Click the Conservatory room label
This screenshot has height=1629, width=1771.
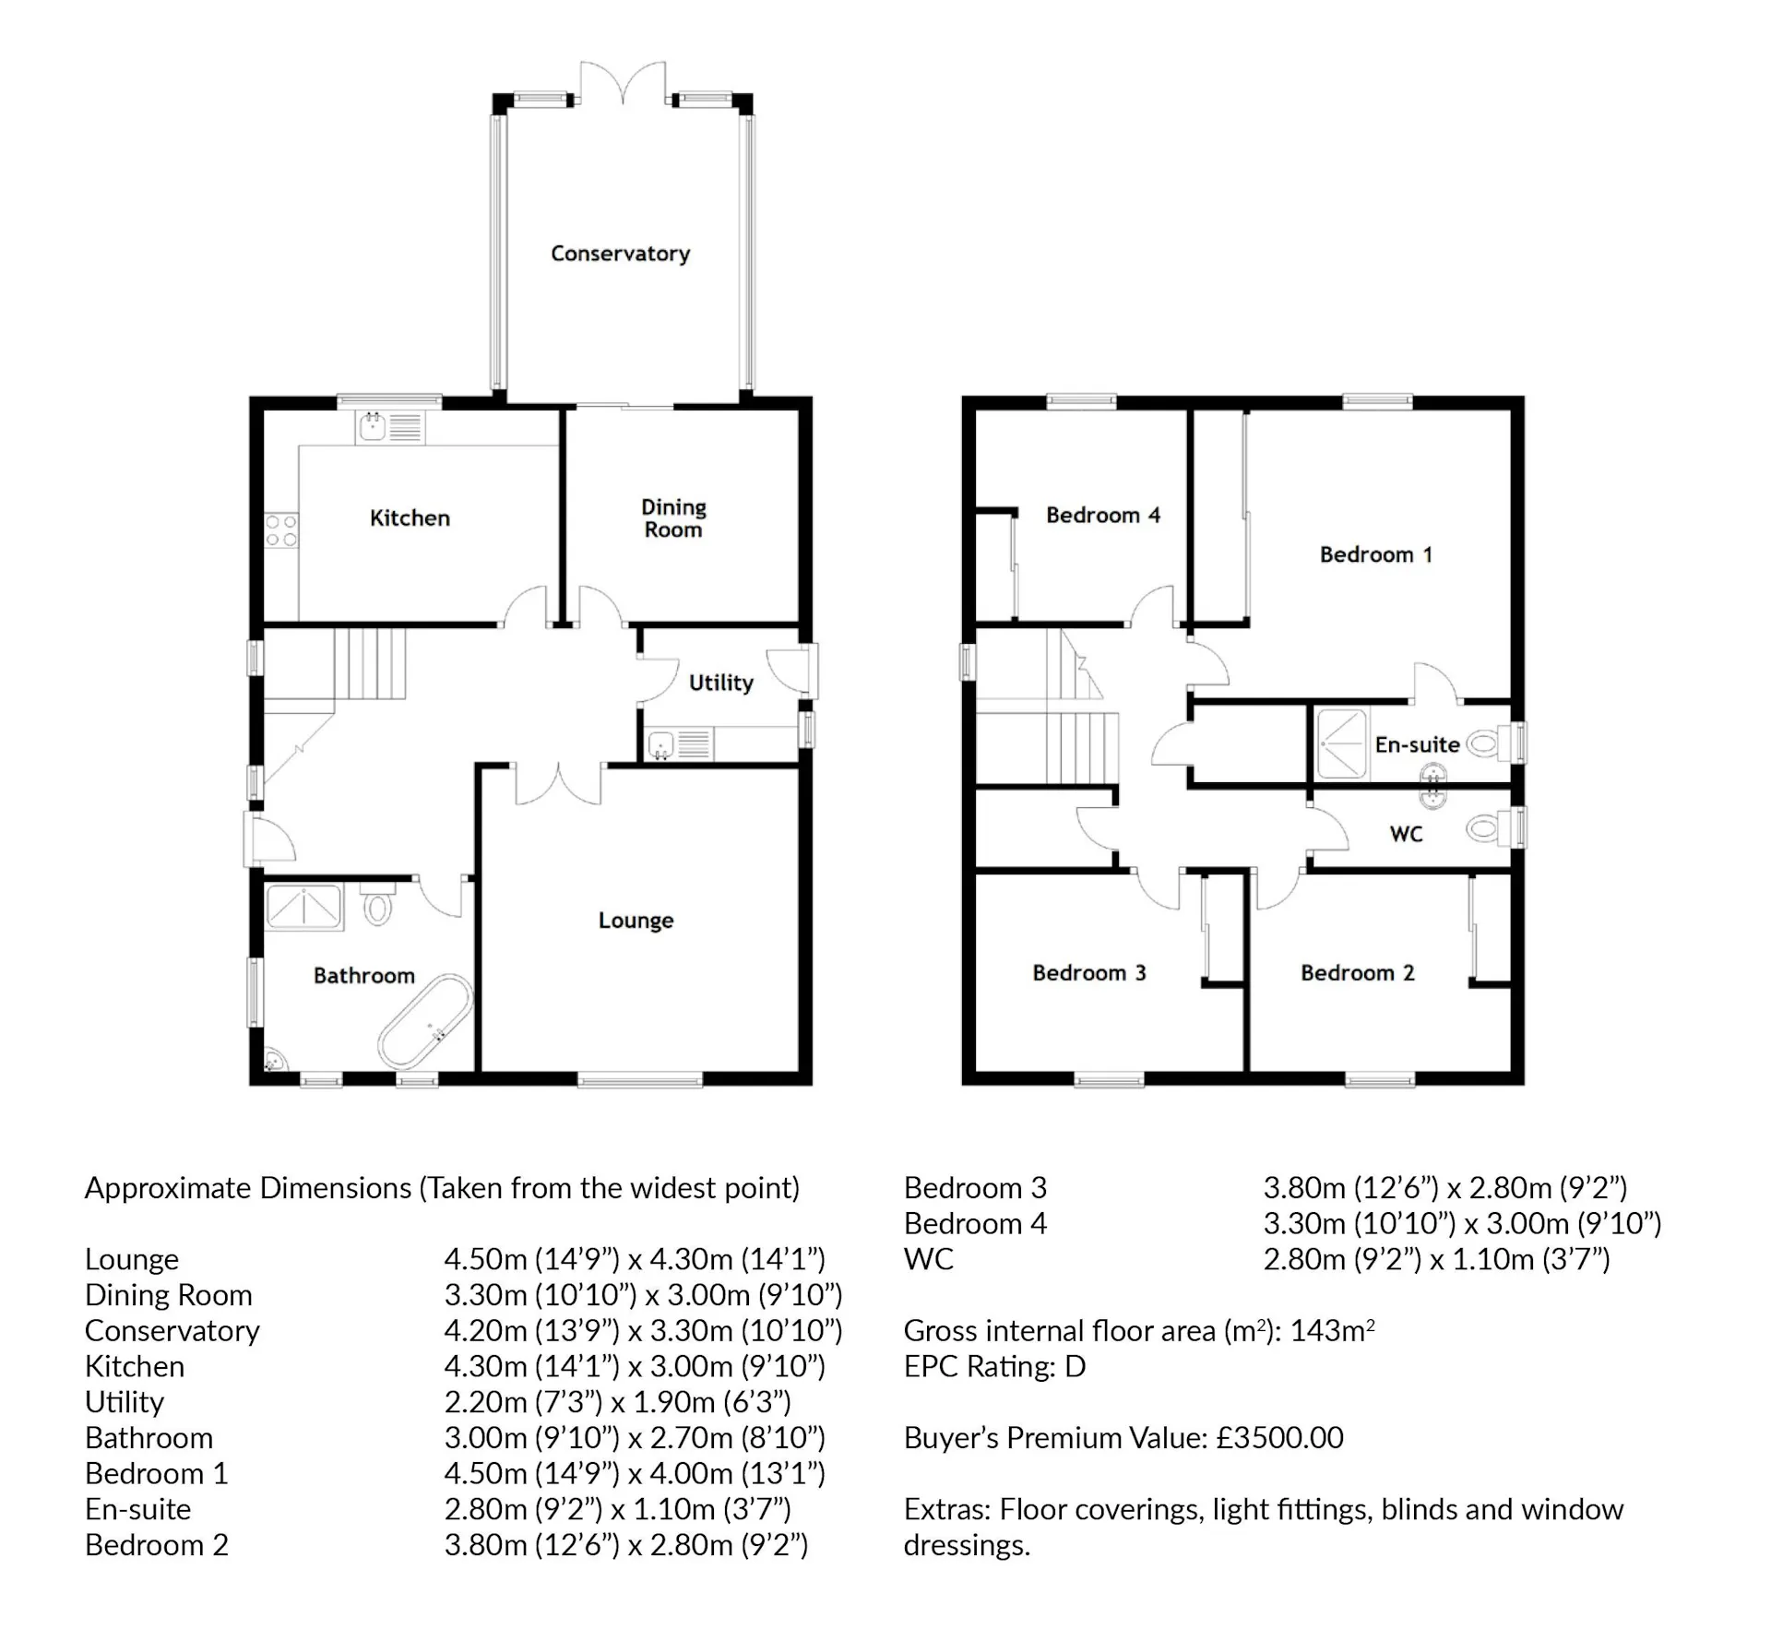[620, 254]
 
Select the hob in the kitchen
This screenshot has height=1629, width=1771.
[281, 530]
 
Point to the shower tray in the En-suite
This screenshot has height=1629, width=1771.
[1342, 743]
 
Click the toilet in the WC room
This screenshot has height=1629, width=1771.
[1484, 828]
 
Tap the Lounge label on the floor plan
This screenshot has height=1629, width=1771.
[636, 921]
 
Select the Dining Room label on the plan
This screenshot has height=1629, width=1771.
[673, 518]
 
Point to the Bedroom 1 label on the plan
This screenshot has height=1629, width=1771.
[1375, 554]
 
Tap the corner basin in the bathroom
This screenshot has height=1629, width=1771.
[275, 1062]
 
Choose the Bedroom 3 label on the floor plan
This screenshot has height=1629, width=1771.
[1088, 973]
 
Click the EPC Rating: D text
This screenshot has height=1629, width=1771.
[994, 1366]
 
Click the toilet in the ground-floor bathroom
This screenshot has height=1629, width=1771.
[377, 907]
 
